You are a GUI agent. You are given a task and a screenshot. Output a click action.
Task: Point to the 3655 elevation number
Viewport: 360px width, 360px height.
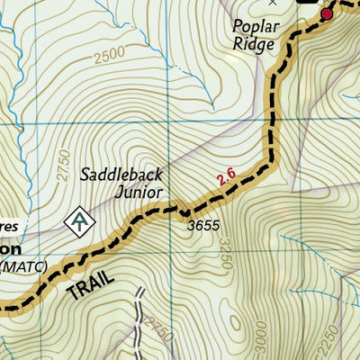point(203,226)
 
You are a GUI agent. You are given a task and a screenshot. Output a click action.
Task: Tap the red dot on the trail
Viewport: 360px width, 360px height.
point(328,14)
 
